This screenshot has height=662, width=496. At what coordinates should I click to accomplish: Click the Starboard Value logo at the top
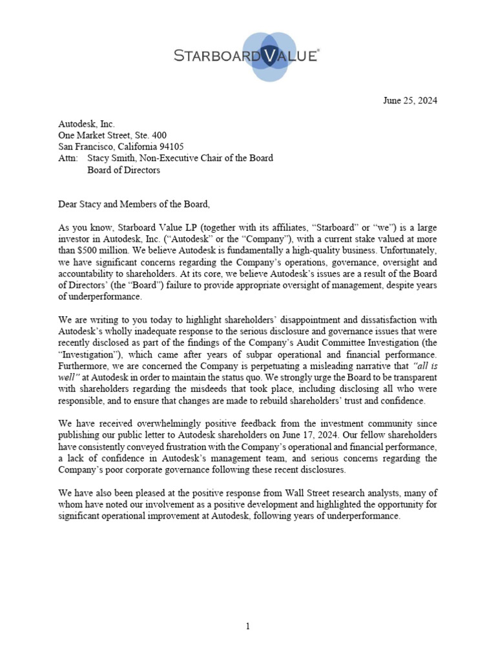coord(248,56)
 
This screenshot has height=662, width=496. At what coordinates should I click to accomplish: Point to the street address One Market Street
coord(95,135)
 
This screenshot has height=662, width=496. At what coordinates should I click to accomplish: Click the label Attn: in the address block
coord(68,158)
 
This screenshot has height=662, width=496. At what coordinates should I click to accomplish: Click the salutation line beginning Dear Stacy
coord(134,205)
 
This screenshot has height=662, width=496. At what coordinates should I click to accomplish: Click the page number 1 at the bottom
coord(248,626)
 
